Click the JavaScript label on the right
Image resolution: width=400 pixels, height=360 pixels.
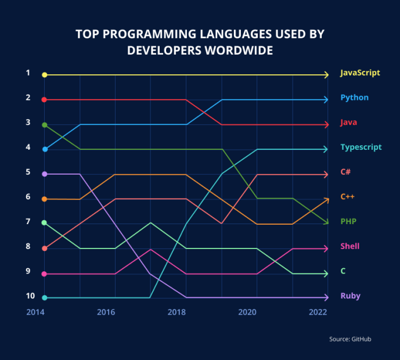[x=360, y=73]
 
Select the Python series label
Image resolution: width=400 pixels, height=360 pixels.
[x=354, y=98]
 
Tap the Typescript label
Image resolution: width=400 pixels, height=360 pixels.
[x=360, y=147]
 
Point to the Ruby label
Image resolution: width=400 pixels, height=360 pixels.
[x=350, y=296]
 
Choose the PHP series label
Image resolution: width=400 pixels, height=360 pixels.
[x=348, y=222]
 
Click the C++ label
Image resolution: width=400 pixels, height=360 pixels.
[x=347, y=197]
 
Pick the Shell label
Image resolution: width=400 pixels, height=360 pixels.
[x=350, y=247]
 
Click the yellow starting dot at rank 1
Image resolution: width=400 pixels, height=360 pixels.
[x=44, y=75]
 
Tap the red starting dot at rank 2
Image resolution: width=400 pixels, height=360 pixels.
[x=44, y=100]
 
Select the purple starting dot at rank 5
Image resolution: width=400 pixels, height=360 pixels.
[x=44, y=174]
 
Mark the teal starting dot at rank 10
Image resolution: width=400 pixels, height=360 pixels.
[x=44, y=298]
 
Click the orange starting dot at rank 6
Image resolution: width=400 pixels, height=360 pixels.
[x=44, y=199]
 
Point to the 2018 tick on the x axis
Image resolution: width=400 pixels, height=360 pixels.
[x=176, y=312]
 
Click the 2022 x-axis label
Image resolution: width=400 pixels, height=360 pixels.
[x=319, y=312]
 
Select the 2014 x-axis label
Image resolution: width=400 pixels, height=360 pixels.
[x=35, y=312]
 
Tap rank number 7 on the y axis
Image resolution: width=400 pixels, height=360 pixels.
[x=27, y=222]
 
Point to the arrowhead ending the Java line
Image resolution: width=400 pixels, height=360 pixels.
[x=326, y=125]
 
